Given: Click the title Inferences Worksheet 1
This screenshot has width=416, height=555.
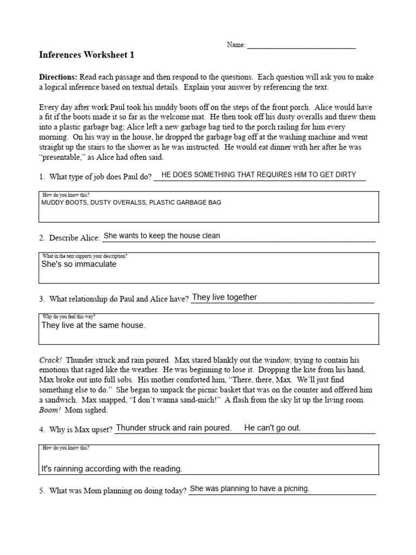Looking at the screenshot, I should [x=86, y=55].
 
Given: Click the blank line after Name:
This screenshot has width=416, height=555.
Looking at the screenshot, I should [x=301, y=46].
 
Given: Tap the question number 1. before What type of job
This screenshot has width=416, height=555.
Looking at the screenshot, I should [x=42, y=177].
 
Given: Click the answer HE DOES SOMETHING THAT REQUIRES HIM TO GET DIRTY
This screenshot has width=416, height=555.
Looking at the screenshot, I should [x=259, y=175].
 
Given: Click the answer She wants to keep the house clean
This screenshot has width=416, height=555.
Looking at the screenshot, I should [x=162, y=236].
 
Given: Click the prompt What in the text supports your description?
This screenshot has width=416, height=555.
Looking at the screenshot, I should [x=85, y=255].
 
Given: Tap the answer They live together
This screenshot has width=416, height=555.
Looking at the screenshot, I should [x=225, y=297].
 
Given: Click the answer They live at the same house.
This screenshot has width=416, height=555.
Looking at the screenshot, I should [x=94, y=325].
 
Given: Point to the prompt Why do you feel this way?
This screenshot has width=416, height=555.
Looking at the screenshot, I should [x=69, y=316].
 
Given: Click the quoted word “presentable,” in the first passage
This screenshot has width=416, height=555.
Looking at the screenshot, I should [x=62, y=157].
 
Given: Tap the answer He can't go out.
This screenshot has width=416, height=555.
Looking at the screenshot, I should [x=272, y=428].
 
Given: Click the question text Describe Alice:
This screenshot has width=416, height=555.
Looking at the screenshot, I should [x=74, y=238].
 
